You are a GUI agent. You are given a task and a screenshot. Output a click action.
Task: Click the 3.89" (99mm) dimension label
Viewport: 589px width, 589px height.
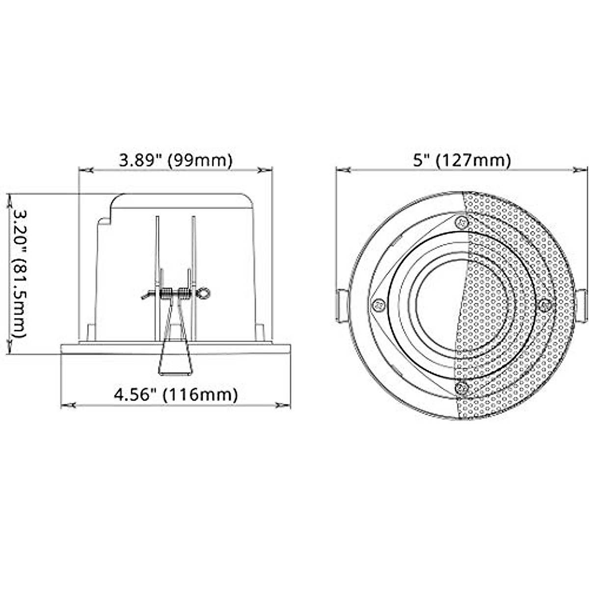(175, 160)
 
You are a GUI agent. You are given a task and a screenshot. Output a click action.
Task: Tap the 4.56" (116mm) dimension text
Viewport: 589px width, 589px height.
(176, 394)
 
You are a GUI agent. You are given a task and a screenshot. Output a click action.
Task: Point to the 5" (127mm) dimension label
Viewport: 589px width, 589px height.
(461, 160)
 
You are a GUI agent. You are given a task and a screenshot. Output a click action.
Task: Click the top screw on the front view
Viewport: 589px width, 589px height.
(460, 222)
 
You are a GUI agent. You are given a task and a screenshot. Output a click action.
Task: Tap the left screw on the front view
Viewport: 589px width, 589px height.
(378, 305)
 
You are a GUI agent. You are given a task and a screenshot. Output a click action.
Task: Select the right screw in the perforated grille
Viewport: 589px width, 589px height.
(545, 305)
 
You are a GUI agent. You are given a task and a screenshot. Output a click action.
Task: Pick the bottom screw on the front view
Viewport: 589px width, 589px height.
(460, 388)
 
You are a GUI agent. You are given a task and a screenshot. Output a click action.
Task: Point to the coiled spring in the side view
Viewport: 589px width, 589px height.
(174, 294)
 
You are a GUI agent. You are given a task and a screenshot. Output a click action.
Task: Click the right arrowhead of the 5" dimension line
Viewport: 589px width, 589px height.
(581, 170)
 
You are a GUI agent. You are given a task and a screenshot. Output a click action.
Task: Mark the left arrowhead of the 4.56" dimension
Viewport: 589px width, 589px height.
(68, 406)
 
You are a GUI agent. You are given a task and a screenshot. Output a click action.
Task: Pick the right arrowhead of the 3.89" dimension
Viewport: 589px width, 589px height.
(266, 170)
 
